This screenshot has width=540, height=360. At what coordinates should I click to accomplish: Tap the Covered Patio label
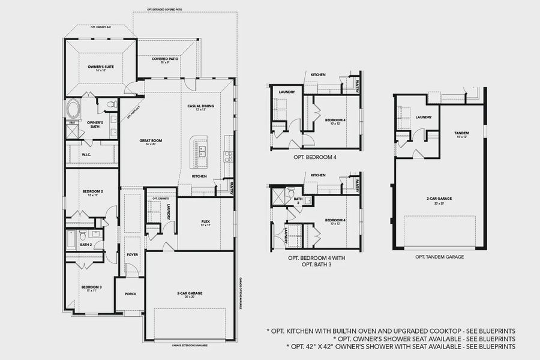tap(165, 60)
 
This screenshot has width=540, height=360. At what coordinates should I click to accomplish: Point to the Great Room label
tap(151, 142)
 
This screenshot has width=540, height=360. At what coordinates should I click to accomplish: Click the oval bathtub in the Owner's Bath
tap(73, 110)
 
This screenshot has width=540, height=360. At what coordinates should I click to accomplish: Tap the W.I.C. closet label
tap(86, 155)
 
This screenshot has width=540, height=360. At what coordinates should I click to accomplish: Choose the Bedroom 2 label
tap(92, 192)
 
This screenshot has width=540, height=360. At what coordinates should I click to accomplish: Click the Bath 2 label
tap(86, 244)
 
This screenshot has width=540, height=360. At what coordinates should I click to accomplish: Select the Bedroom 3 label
tap(91, 287)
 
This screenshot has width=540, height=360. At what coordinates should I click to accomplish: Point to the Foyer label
tap(132, 254)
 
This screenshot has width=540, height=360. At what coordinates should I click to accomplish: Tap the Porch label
tap(130, 294)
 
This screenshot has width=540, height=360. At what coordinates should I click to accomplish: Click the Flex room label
tap(205, 223)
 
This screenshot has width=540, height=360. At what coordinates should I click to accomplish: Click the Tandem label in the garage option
tap(461, 133)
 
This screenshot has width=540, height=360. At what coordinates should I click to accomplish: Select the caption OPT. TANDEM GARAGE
tap(439, 257)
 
